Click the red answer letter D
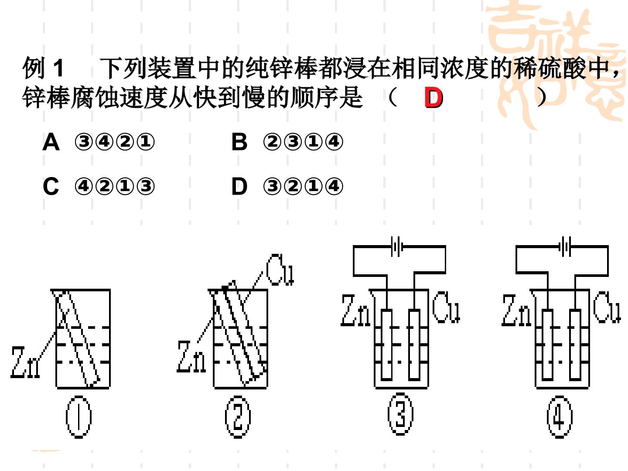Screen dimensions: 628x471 (433, 98)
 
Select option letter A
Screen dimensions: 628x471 (51, 142)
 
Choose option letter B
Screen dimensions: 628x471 (239, 142)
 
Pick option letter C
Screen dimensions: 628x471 (51, 186)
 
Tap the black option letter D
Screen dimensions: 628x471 (239, 186)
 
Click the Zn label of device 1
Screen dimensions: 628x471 (25, 362)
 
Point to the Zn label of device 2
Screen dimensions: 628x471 (191, 356)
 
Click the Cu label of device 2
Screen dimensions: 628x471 (280, 270)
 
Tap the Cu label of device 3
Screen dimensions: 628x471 (446, 307)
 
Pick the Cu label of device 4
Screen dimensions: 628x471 (607, 307)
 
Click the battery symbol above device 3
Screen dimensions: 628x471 (396, 246)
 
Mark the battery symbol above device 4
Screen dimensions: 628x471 (565, 246)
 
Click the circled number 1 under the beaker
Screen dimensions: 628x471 (78, 416)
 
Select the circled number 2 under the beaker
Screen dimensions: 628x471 (238, 416)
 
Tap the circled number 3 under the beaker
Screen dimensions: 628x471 (400, 414)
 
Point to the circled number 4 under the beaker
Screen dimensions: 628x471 (560, 416)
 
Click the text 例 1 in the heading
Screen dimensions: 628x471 (43, 68)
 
